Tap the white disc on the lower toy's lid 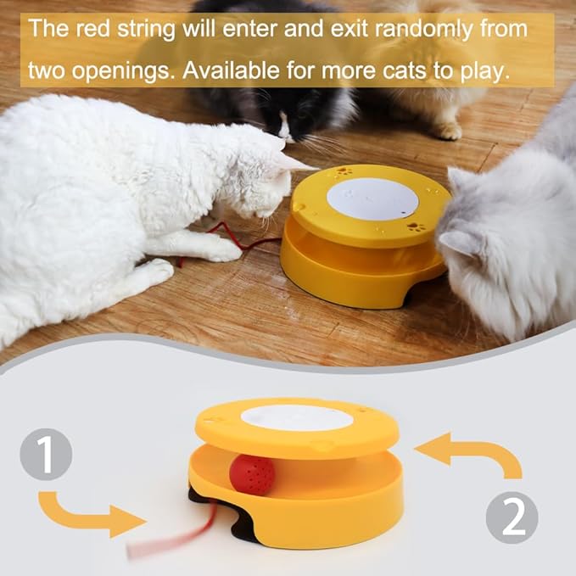pyautogui.click(x=297, y=417)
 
